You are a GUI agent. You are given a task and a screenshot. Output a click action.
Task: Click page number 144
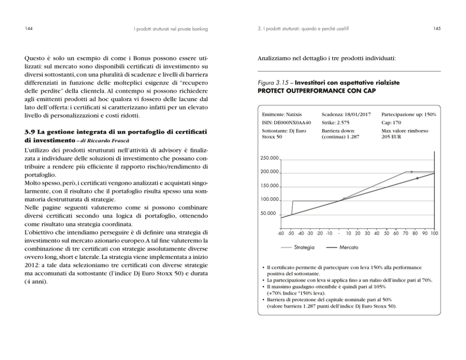point(29,29)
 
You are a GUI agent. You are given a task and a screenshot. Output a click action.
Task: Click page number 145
point(437,29)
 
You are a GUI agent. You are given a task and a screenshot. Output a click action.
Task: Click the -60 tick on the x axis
point(280,233)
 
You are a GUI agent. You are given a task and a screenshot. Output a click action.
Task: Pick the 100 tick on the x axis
point(434,233)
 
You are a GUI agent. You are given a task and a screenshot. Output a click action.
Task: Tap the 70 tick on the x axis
point(405,233)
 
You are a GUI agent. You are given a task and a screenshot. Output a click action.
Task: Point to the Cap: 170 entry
point(391,122)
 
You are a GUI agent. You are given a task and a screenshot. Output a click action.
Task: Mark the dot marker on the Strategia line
point(412,172)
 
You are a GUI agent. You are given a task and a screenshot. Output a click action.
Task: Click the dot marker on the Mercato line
point(417,178)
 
